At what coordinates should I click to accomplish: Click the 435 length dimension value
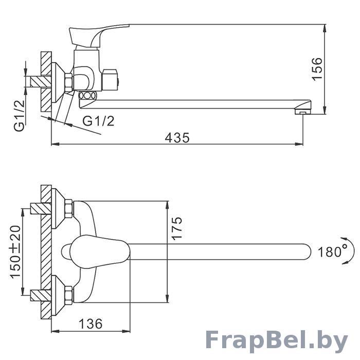(177, 138)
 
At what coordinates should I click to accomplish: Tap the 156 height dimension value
(317, 69)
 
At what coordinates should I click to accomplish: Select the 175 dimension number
(177, 228)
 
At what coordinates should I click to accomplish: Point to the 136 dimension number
(91, 324)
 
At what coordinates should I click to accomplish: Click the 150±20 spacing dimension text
(15, 252)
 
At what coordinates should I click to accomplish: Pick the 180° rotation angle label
(333, 251)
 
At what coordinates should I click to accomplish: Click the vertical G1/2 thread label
(20, 116)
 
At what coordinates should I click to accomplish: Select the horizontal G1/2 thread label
(99, 121)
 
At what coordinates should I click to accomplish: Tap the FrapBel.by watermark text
(277, 341)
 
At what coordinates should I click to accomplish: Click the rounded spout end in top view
(307, 251)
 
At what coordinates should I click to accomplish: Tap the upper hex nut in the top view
(69, 209)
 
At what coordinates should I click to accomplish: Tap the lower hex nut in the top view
(69, 295)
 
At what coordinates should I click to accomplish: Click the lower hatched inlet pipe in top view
(41, 296)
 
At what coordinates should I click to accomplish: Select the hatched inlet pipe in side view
(41, 81)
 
